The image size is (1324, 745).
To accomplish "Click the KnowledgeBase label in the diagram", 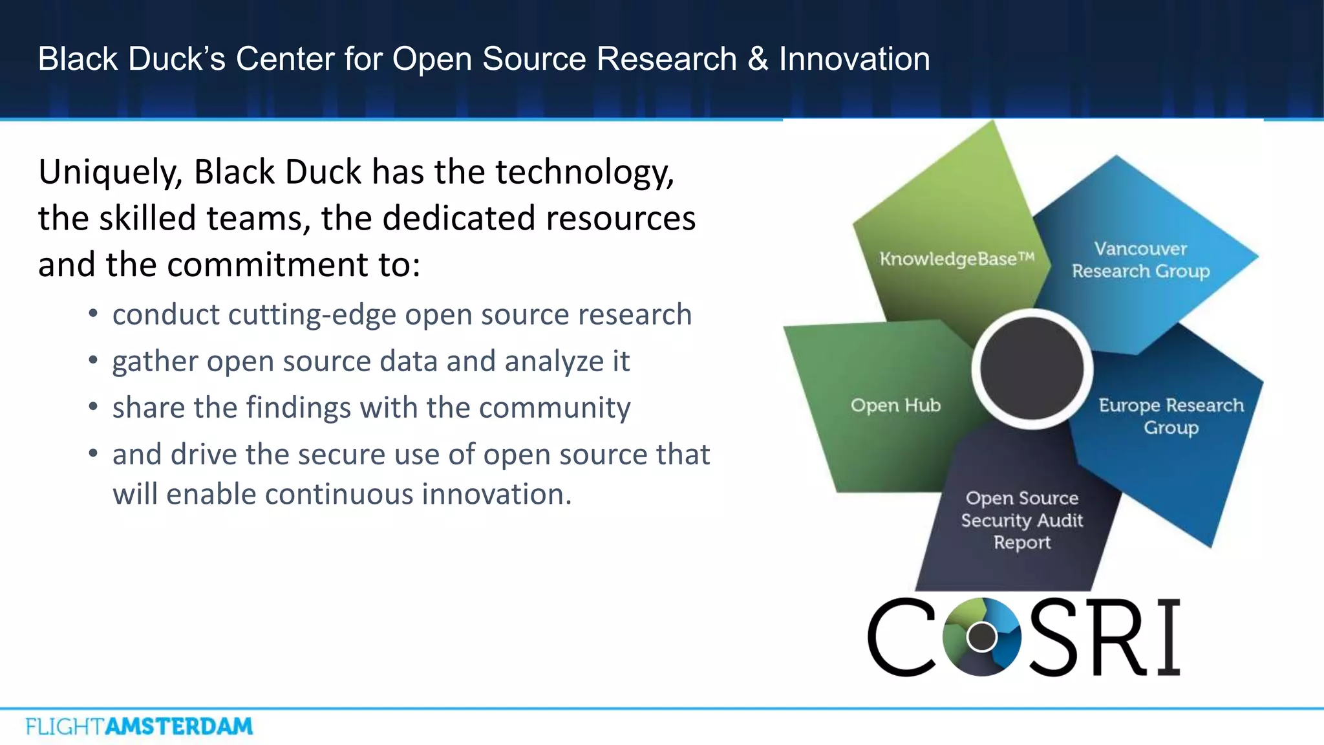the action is coord(956,259).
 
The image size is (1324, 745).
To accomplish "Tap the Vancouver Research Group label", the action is coord(1140,260).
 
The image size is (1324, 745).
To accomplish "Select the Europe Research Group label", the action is coord(1171,416).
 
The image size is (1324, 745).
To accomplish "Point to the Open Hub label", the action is coord(895,405).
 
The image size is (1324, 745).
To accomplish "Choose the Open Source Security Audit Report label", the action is coord(1021,520).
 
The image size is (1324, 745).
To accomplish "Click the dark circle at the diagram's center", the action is coord(1032,368).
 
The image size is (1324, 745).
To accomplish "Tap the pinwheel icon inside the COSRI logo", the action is coord(982,636).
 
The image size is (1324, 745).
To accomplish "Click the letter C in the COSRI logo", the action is coord(901,637).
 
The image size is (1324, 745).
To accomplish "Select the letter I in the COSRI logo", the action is coord(1168,637).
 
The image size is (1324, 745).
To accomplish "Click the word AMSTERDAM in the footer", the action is coord(178,726).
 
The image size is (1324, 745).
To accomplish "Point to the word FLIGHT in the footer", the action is coord(64,726).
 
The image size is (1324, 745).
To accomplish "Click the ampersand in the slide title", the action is coord(758,59).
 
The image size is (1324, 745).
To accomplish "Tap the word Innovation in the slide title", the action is coord(854,59).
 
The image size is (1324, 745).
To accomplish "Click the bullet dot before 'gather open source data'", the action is coord(94,360).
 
